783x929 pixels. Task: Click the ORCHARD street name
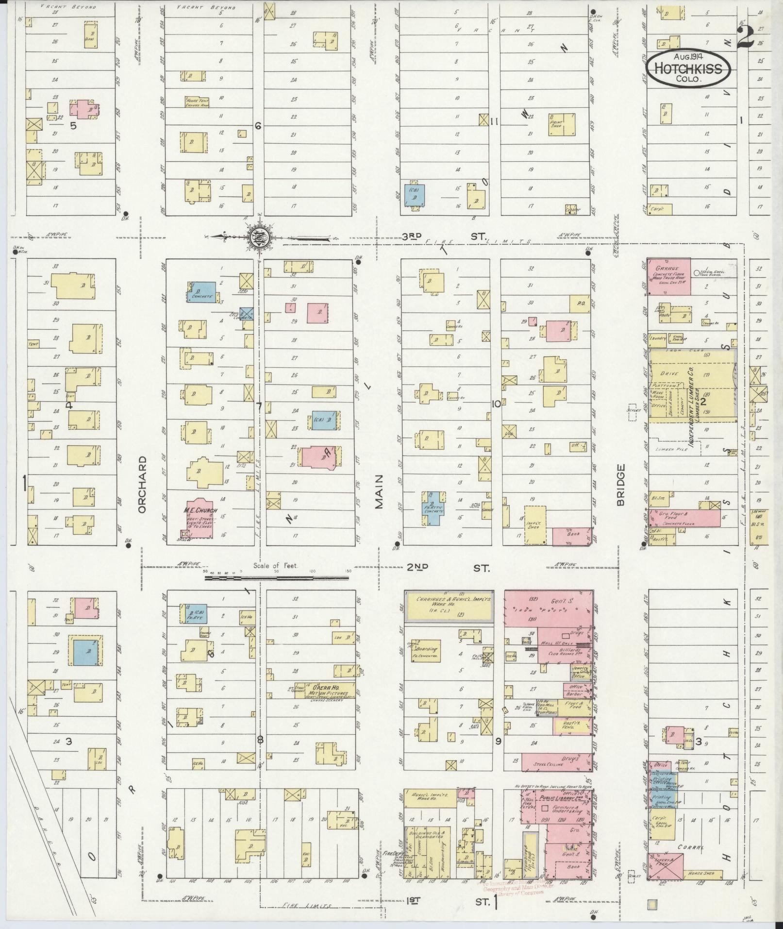point(142,484)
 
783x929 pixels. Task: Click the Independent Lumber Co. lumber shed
point(691,385)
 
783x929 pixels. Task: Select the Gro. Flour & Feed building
point(684,518)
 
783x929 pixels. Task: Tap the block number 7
point(259,407)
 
